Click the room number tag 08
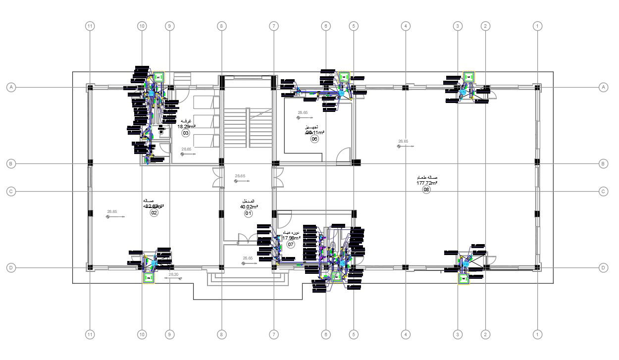[426, 190]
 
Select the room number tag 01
[248, 213]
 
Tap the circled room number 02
[154, 213]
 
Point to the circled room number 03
[186, 133]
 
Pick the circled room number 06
[314, 139]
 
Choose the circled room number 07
[291, 244]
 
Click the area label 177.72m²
[426, 183]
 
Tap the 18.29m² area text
[186, 126]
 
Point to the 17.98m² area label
[292, 238]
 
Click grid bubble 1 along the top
[537, 26]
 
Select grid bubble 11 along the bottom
[90, 335]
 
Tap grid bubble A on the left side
[11, 87]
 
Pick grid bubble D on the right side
[603, 268]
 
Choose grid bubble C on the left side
[11, 191]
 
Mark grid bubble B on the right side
[603, 163]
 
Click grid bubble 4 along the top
[406, 26]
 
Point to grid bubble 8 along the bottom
[221, 335]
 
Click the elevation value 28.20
[173, 274]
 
